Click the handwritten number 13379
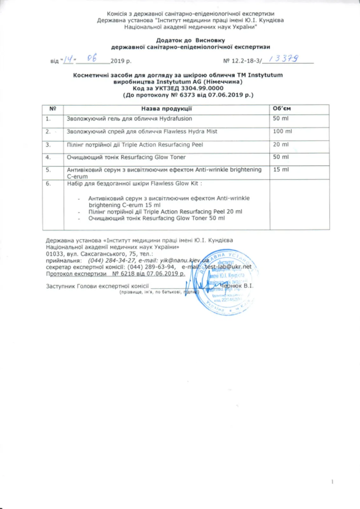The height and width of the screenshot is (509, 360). point(284,59)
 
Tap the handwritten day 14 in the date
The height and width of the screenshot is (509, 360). point(68,59)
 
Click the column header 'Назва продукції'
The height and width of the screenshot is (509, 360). point(166,109)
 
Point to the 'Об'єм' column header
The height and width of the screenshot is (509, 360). point(282,108)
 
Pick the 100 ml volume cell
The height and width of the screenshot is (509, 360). point(282,131)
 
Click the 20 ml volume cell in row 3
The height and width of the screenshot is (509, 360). point(281,144)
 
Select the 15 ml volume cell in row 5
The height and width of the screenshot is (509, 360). point(281,170)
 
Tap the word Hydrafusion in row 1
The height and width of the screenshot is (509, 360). point(176,119)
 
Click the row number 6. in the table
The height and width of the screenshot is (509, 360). point(48,184)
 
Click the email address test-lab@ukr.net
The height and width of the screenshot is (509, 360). point(228,267)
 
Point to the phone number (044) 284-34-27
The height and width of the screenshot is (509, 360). point(109,260)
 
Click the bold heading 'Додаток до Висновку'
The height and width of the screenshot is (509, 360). point(190,40)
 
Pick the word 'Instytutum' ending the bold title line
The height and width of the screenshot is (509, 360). point(265,75)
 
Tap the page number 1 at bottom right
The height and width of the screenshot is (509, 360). point(332,482)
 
